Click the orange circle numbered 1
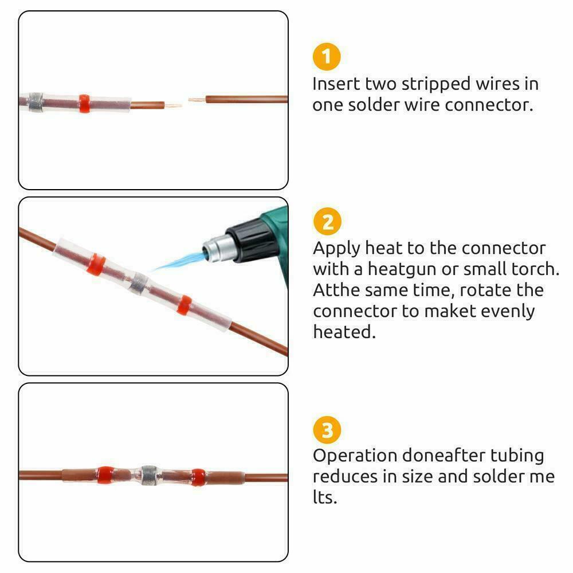tap(327, 57)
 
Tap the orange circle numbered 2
tap(327, 221)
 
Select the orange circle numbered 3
tap(327, 430)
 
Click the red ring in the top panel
tap(84, 103)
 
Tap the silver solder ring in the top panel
tap(36, 102)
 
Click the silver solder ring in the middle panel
tap(139, 284)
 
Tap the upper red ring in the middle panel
tap(96, 264)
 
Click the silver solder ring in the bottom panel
tap(149, 476)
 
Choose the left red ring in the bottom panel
tap(105, 475)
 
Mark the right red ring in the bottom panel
tap(198, 477)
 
